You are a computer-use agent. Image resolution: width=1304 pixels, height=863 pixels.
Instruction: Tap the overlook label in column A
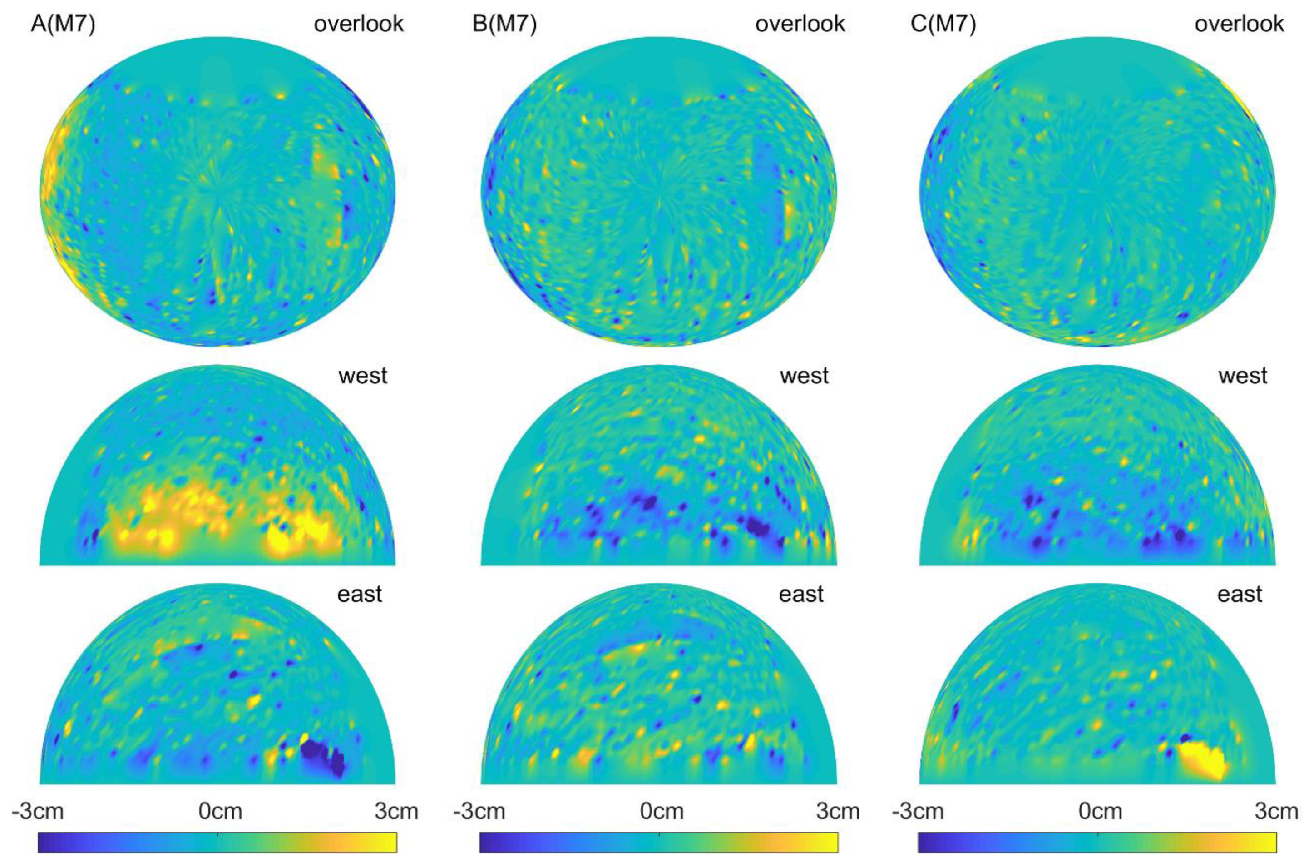359,24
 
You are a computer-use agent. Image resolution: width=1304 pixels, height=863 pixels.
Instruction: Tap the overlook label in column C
1239,24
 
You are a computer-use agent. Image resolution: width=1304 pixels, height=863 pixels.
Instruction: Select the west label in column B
804,376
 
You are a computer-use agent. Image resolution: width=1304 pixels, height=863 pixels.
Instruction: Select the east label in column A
359,595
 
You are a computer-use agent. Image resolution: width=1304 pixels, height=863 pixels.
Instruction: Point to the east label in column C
1240,595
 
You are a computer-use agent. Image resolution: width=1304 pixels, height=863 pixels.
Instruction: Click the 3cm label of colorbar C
1276,812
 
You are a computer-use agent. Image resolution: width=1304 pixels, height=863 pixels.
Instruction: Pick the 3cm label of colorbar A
396,812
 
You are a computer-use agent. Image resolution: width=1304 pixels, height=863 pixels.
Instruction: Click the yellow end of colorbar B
831,842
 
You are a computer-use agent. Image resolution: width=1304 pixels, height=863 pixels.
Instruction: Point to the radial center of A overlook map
217,190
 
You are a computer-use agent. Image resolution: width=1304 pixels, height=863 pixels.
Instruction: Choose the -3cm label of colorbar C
918,812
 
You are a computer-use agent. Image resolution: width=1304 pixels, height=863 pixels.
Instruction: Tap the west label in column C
1243,376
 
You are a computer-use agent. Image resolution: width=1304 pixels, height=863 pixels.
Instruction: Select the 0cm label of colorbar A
220,812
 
